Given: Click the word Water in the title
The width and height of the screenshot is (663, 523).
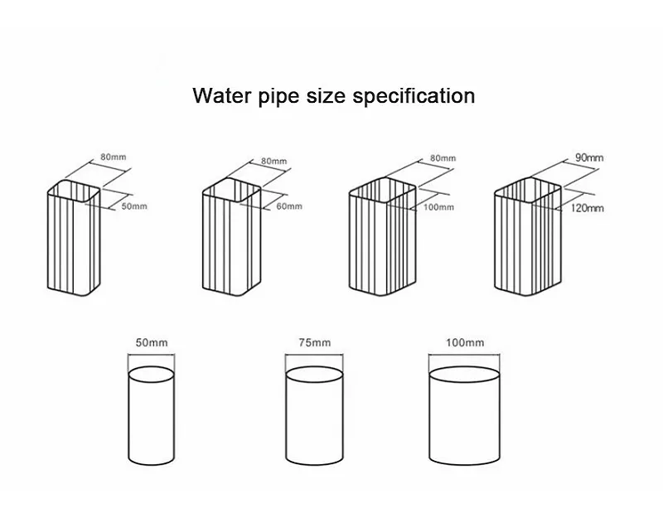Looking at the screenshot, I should tap(220, 95).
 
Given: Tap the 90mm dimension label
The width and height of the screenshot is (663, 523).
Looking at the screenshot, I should tap(588, 156).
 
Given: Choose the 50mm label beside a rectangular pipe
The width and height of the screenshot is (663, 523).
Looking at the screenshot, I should tap(134, 206).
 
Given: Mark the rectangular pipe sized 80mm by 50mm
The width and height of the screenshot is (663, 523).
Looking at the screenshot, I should tap(71, 240).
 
